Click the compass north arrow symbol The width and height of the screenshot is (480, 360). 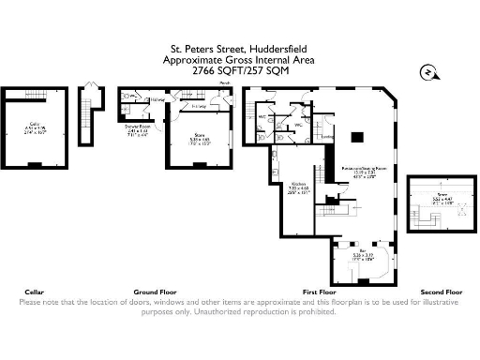(x=426, y=70)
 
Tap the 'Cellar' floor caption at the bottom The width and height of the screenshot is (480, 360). (x=32, y=292)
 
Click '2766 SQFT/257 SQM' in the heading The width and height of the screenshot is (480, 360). (x=239, y=70)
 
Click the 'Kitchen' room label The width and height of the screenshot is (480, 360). (x=298, y=184)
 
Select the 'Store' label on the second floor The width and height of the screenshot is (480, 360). (x=436, y=196)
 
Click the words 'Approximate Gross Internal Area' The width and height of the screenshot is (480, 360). (x=239, y=59)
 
